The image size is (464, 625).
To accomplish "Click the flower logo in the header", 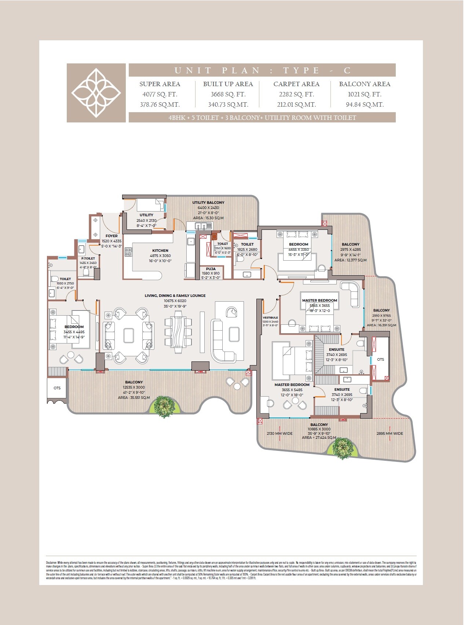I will pos(96,93).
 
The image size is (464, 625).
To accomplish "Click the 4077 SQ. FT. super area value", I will pos(160,94).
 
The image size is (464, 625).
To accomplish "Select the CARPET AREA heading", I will pos(296,84).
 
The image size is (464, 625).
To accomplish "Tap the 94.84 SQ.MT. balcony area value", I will pos(365,104).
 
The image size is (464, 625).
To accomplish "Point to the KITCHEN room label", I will pos(160,251).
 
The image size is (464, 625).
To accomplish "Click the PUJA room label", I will pos(211,269).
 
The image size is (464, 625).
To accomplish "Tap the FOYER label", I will pos(112,236).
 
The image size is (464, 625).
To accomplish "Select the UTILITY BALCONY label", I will pos(208,202).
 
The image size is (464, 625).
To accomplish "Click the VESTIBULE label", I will pos(270,317).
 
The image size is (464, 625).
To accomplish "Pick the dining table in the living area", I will pos(178,332).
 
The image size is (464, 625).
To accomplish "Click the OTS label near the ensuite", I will pos(380,360).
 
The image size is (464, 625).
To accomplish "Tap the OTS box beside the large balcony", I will pos(57,388).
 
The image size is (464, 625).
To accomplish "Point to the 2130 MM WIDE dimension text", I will pos(280,434).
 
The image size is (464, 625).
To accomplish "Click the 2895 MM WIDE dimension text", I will pos(390,434).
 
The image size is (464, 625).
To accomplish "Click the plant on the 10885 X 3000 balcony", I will pos(343,448).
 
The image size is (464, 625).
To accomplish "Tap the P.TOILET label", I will pos(88,258).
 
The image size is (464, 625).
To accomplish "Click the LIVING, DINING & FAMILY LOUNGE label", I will pos(175,295).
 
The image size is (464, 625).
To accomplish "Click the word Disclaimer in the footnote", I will pos(51,562).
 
